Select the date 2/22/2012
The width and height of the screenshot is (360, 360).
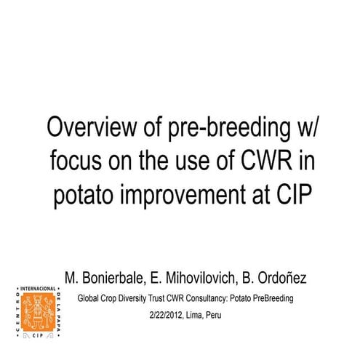[163, 316]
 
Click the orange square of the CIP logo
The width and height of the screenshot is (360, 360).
[36, 312]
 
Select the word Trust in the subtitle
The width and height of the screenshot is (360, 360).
[159, 298]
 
